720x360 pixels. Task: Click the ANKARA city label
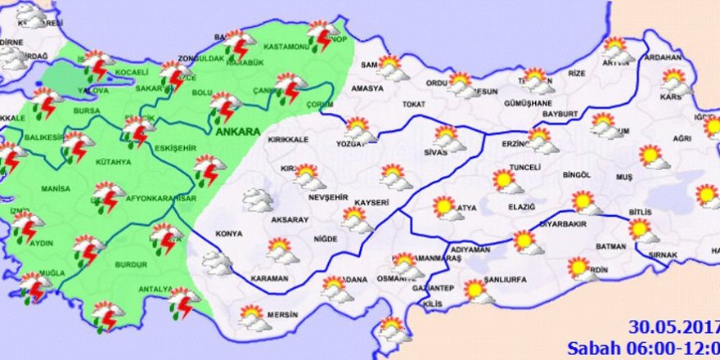point(238,131)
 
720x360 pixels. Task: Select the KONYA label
point(228,234)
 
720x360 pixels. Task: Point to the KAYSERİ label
point(371,203)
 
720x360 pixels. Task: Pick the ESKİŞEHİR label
point(174,148)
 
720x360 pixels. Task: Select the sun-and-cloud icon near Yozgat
point(359,129)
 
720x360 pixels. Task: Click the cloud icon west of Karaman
point(217,262)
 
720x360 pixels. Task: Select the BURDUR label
point(131,264)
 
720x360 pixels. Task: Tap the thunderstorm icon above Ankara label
point(224,106)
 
